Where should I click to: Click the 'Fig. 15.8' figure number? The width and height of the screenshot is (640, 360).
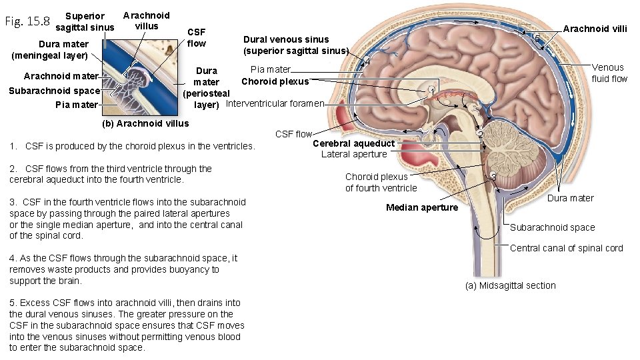point(27,21)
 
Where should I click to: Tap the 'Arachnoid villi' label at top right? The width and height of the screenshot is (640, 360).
point(595,29)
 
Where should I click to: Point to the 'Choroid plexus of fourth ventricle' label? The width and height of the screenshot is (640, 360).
point(381,182)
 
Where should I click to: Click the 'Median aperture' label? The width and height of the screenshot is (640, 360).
point(422,207)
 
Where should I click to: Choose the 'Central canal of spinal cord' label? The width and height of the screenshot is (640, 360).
point(566,248)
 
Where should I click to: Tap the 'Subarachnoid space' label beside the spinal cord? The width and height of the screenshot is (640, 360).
point(552,227)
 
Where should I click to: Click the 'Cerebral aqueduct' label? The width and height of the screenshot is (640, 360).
point(353,143)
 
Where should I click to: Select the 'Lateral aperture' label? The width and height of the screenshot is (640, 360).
point(353,154)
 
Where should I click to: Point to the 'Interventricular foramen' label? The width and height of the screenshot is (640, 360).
point(275,103)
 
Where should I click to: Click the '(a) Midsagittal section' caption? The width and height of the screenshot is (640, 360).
point(509,285)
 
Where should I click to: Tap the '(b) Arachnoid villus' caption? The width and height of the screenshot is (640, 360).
point(145,123)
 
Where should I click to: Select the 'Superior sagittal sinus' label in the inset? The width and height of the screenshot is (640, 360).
point(85,22)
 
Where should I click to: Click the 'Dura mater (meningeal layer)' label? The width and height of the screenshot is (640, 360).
point(49,50)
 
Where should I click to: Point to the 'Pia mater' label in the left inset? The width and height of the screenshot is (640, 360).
point(76,105)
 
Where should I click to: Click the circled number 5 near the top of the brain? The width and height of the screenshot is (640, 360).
point(537,37)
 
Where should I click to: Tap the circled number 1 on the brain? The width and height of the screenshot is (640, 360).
point(432,90)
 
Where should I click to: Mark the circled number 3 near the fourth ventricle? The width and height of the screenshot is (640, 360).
point(493,176)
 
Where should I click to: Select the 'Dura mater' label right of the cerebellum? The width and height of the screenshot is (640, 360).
point(570,198)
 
